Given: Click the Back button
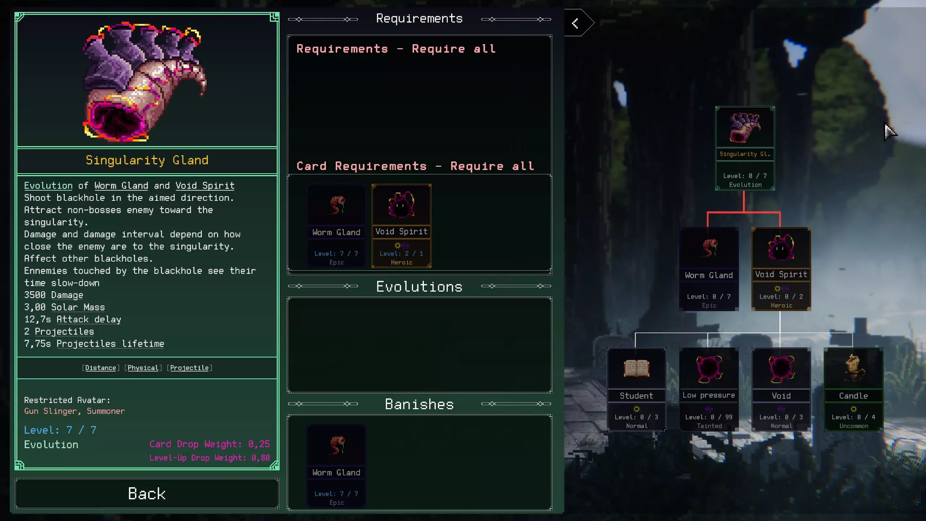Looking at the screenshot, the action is (x=147, y=494).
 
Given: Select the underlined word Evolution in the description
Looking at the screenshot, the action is (x=48, y=186).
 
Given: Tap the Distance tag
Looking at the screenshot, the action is (x=101, y=368).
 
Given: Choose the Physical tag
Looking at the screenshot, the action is (x=143, y=368).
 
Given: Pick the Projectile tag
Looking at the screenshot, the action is (x=190, y=368).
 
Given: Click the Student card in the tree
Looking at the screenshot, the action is (x=637, y=389).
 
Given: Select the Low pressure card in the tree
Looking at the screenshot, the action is (x=709, y=389).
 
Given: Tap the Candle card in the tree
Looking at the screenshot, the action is (x=854, y=389).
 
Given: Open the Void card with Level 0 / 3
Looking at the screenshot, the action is (x=781, y=389).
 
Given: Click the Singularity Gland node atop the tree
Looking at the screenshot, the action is (x=745, y=148).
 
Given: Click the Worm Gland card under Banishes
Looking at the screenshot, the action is (x=336, y=466).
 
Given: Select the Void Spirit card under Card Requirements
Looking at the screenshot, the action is (x=402, y=226).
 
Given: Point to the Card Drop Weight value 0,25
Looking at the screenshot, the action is (x=259, y=444).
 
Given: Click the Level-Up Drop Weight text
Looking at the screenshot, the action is (x=209, y=458).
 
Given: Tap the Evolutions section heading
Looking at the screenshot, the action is (x=420, y=287).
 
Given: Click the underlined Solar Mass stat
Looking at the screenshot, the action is (x=78, y=307).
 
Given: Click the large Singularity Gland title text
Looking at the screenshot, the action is (x=147, y=160).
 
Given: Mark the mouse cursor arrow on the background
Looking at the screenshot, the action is (x=890, y=132).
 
